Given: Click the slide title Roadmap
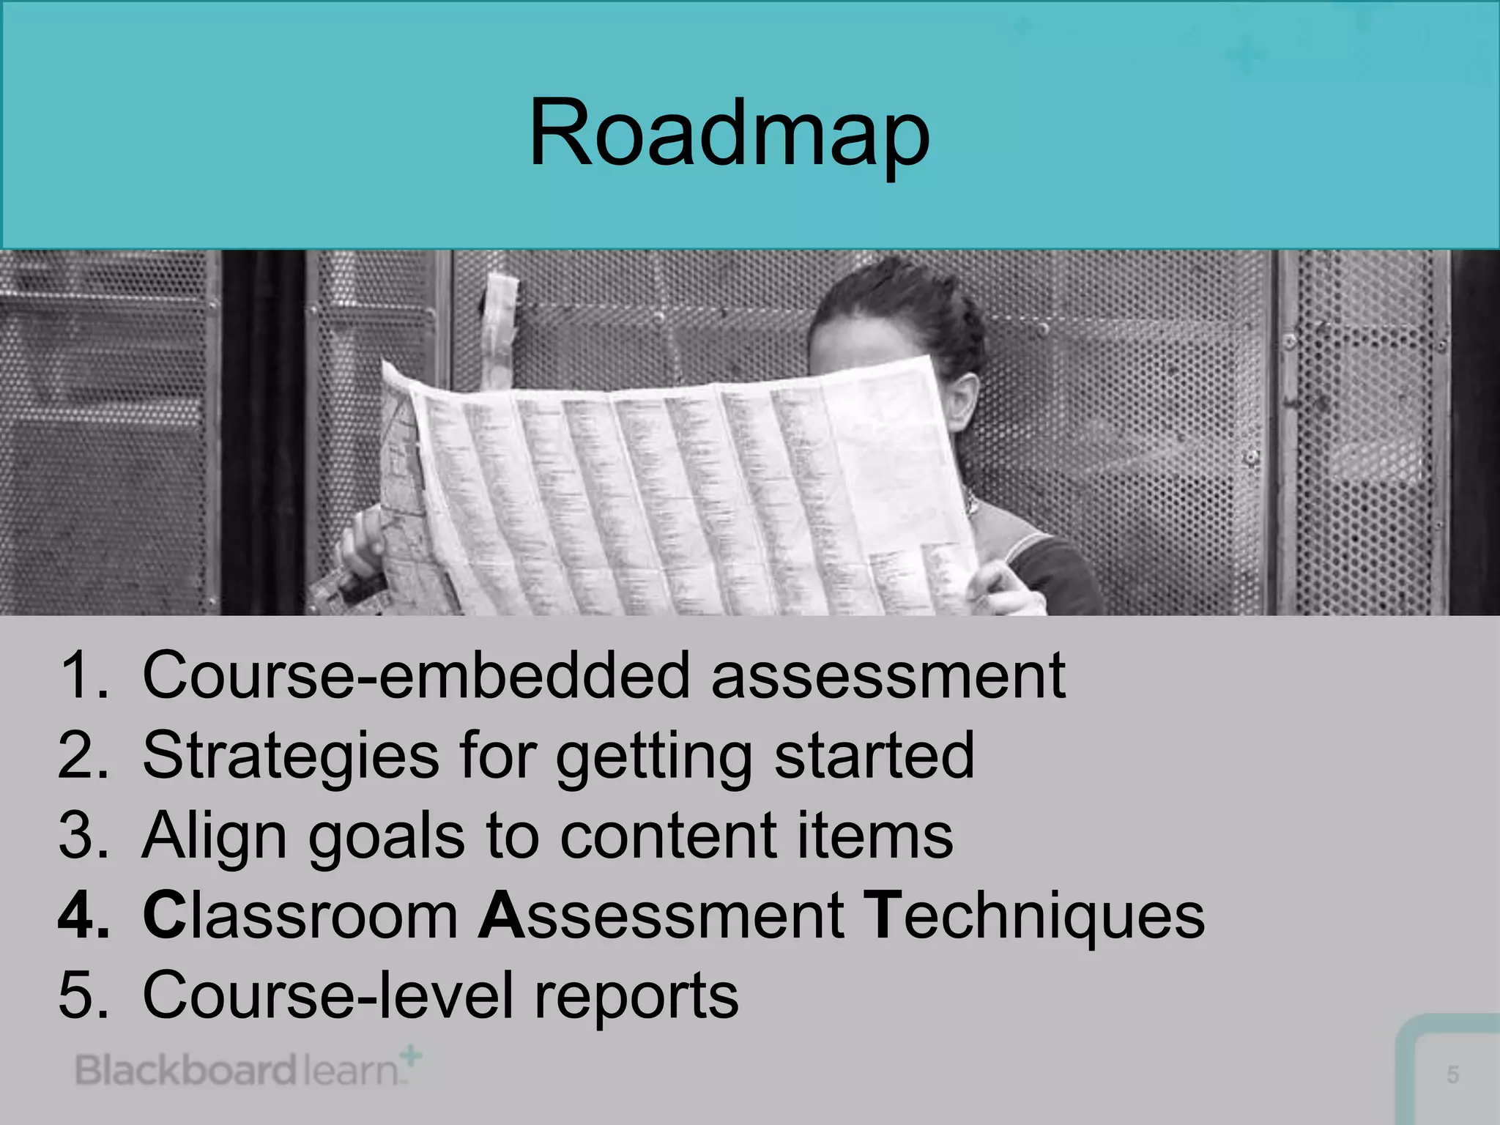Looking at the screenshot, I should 729,135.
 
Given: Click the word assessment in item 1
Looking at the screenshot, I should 888,675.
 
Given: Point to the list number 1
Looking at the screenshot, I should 82,675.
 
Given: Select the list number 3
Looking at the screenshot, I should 82,836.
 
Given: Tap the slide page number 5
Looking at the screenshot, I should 1453,1074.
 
